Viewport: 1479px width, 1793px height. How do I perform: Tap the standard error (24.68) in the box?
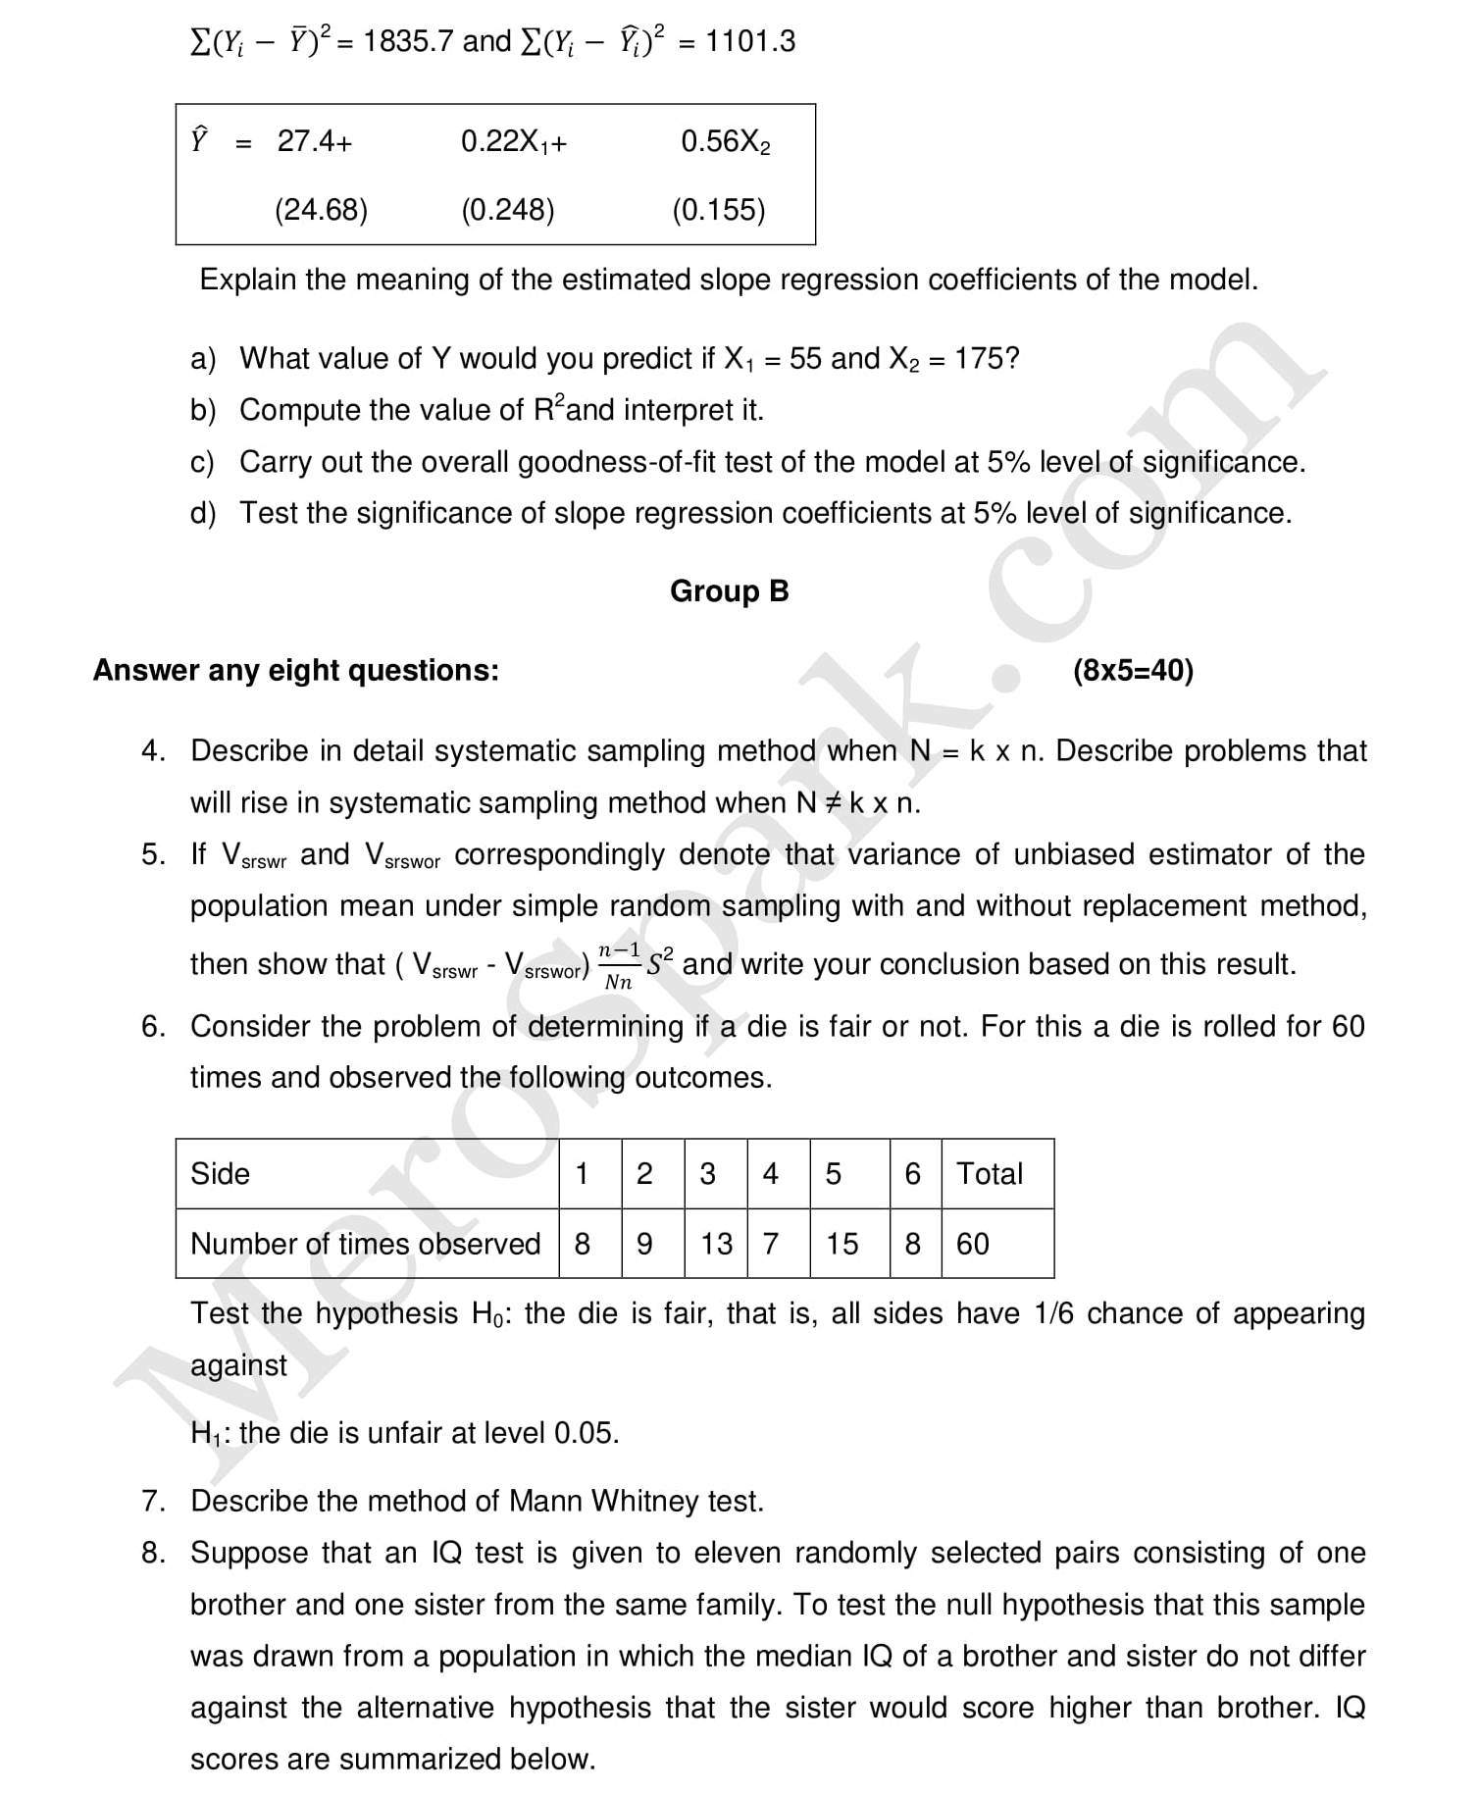[321, 210]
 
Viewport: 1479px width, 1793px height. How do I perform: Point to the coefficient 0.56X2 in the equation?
[726, 142]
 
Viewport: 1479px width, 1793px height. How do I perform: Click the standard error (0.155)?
[719, 210]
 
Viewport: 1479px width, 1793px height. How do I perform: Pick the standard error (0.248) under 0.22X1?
[508, 210]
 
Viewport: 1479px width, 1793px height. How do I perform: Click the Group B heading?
[729, 591]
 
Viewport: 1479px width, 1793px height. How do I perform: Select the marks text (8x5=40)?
[1133, 671]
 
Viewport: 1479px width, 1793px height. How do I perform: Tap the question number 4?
[151, 751]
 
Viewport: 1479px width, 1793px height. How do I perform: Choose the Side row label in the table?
[220, 1174]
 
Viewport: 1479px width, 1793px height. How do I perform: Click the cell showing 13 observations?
[716, 1244]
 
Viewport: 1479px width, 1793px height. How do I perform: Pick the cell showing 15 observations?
[841, 1244]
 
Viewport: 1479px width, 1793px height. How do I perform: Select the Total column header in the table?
[989, 1174]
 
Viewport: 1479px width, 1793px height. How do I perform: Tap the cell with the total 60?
[972, 1244]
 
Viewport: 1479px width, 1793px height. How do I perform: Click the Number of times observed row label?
[365, 1244]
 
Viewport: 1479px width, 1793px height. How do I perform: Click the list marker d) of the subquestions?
[203, 513]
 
